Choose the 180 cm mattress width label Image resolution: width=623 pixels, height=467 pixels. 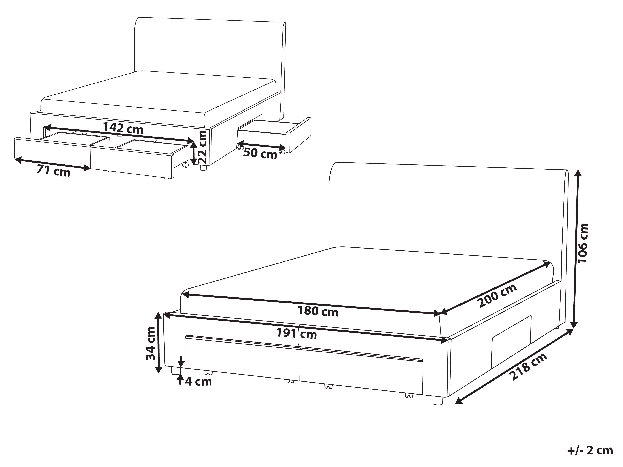pyautogui.click(x=318, y=311)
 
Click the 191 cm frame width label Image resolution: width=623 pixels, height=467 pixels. pyautogui.click(x=296, y=334)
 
